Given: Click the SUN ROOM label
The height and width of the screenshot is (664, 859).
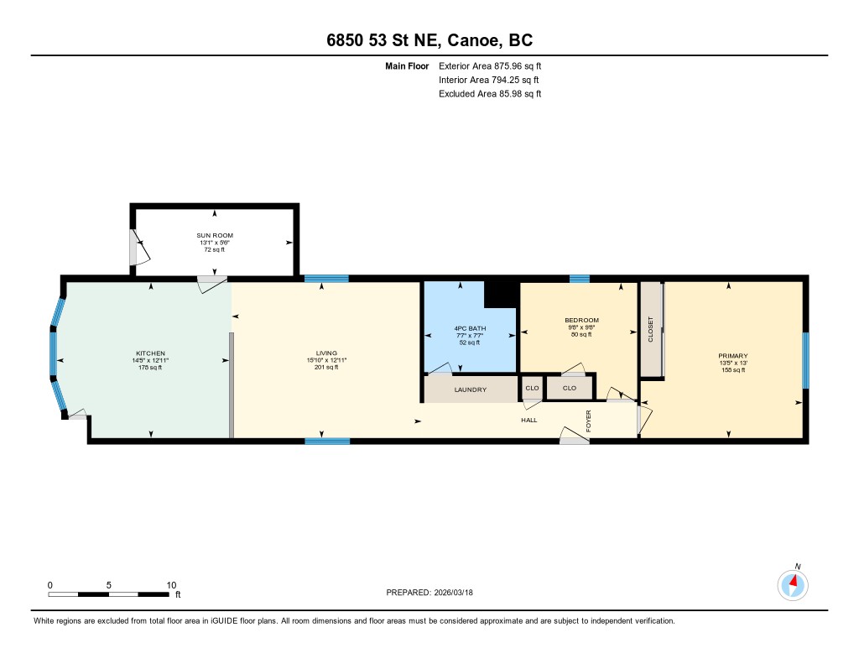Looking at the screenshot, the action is [215, 235].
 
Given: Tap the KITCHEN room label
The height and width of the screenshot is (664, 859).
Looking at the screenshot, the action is [151, 353].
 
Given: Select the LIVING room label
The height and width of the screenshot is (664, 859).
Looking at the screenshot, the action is [326, 353].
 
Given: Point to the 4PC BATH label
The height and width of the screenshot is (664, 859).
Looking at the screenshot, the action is [470, 328].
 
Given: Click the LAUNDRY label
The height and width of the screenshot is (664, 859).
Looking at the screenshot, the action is [470, 390].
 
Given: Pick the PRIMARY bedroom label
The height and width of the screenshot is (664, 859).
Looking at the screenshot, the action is [733, 356].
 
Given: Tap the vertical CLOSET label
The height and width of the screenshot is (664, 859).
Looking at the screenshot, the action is [651, 329].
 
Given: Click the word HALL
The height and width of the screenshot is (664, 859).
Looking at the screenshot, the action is [529, 420].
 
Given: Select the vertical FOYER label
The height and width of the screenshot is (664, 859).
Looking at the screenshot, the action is [589, 421].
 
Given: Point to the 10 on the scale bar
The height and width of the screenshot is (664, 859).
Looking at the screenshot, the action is [171, 585].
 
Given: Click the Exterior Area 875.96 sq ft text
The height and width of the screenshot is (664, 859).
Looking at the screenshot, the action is [490, 65].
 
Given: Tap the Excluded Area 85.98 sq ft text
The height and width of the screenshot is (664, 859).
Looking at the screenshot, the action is [490, 94].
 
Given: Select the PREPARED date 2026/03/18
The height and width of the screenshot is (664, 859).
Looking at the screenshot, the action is [454, 593].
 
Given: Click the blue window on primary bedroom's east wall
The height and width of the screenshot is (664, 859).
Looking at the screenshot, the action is [805, 360].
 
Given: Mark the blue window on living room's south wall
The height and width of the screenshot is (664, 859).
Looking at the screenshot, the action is [327, 441].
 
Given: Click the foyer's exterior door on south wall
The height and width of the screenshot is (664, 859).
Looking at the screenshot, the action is [574, 436].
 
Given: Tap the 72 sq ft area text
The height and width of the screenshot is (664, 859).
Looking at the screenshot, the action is [215, 249].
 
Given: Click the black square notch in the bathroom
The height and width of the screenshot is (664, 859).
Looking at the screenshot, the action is [501, 295].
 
